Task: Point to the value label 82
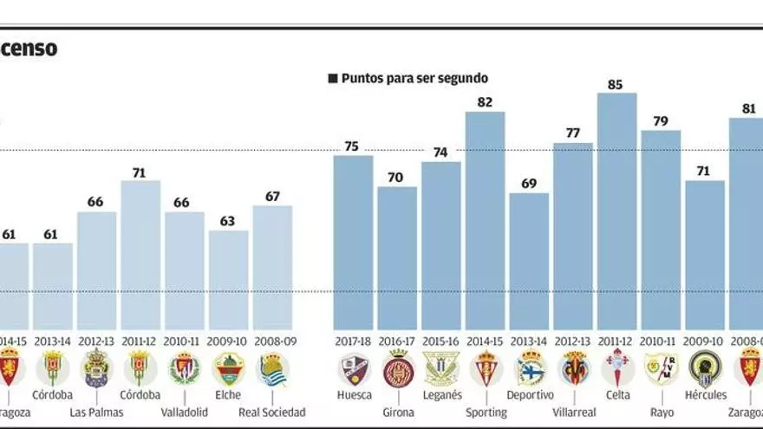click(485, 102)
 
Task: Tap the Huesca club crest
click(354, 369)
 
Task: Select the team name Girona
click(398, 413)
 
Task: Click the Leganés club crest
click(441, 369)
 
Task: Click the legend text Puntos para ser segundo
click(414, 78)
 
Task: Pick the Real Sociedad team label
click(272, 413)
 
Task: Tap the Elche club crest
click(228, 369)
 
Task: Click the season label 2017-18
click(354, 341)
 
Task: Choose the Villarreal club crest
click(573, 369)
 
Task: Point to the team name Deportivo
click(529, 395)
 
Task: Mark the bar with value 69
click(529, 261)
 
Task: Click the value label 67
click(272, 196)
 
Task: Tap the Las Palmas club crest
click(97, 369)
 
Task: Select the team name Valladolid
click(185, 413)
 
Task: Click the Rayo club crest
click(661, 369)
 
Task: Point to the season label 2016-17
click(398, 341)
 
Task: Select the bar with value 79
click(661, 230)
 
